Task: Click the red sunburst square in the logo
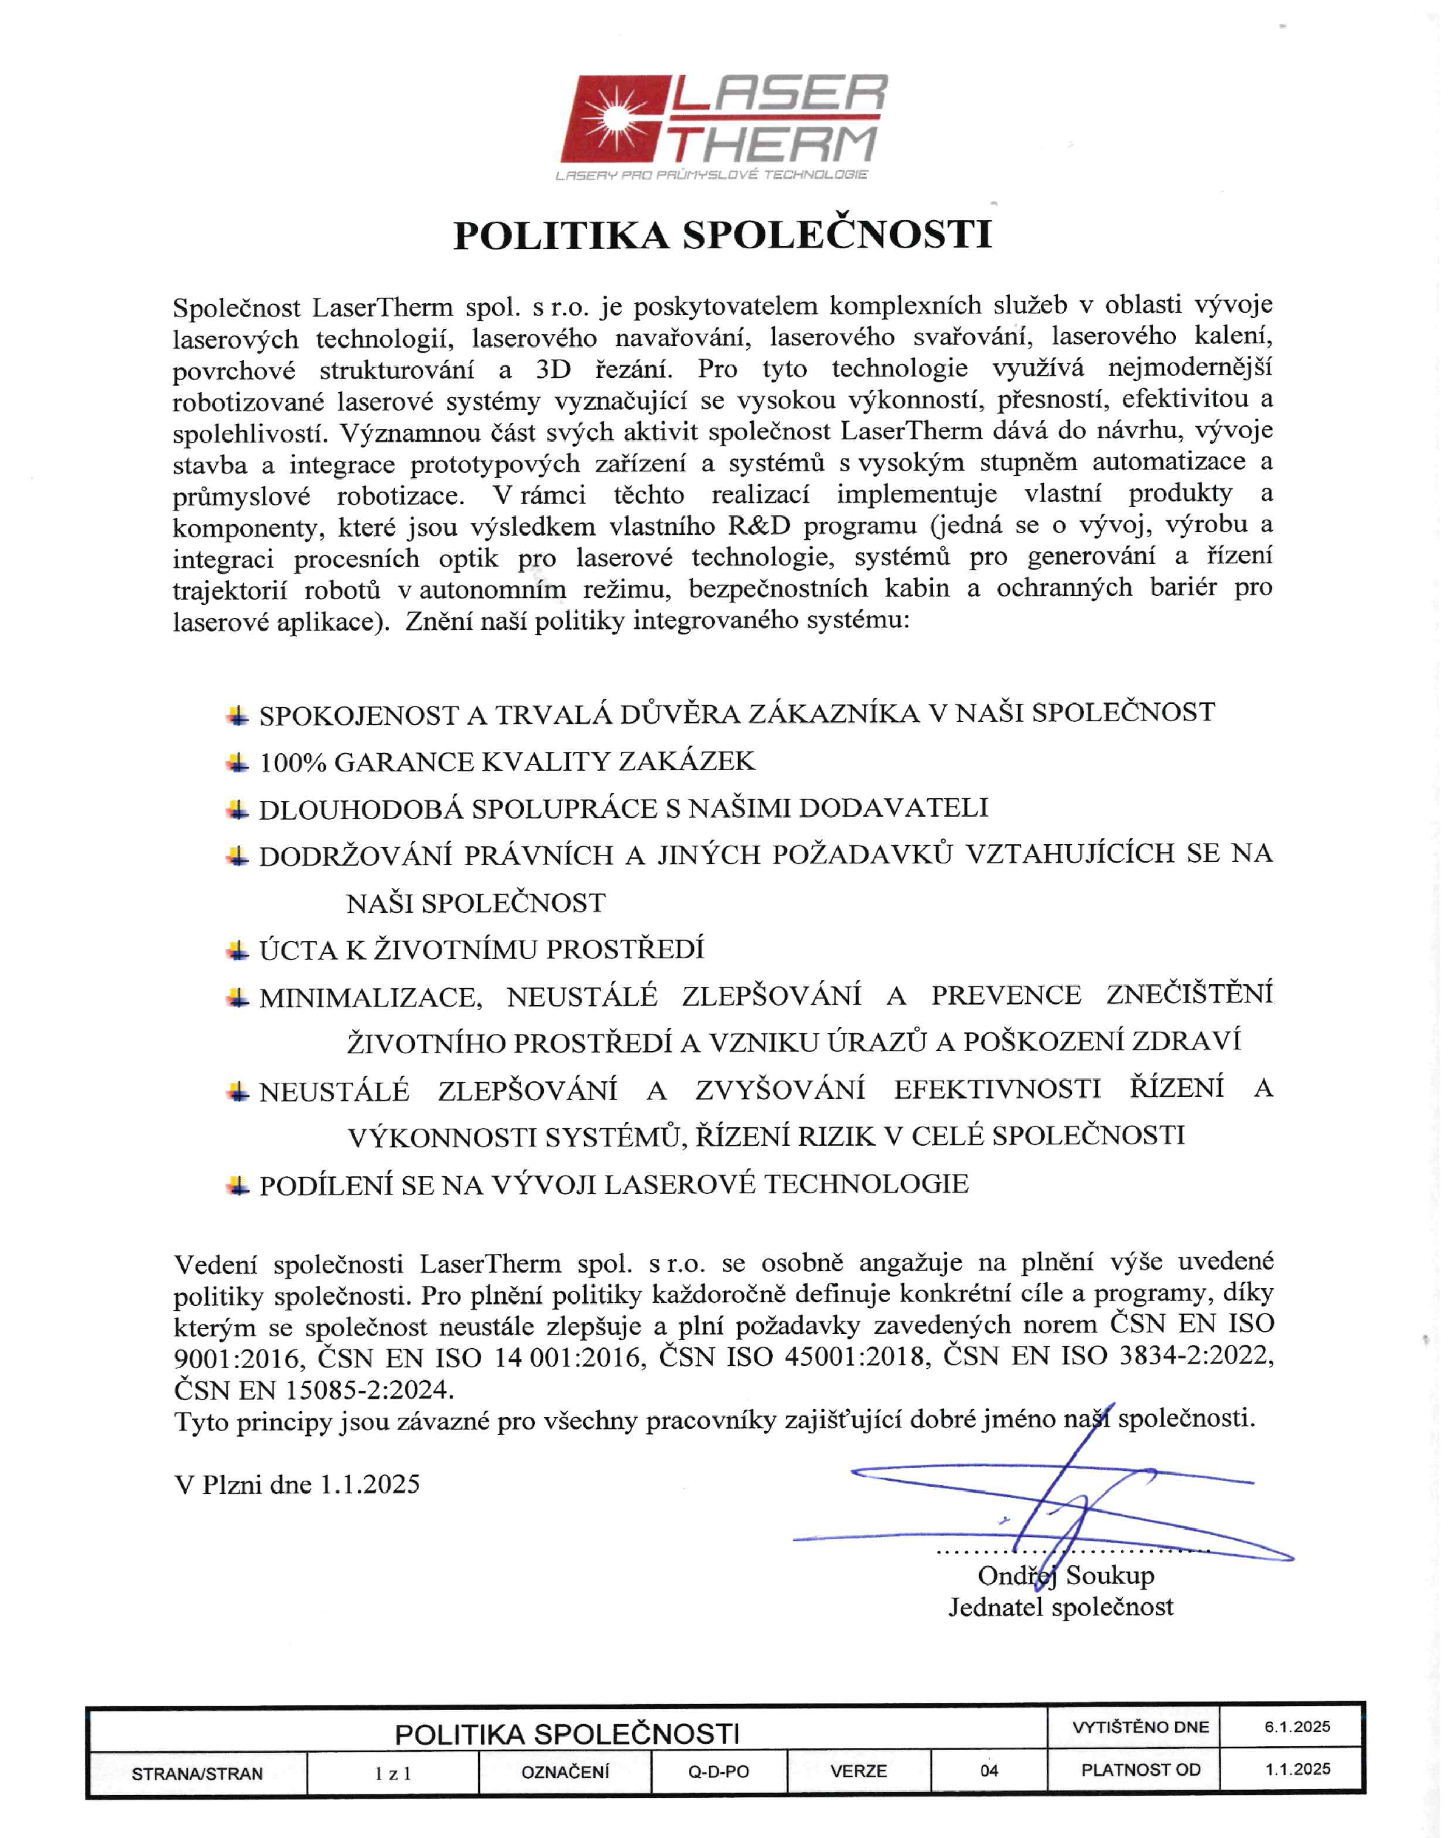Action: (614, 119)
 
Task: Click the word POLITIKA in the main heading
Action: (562, 236)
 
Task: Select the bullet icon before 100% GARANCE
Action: (238, 762)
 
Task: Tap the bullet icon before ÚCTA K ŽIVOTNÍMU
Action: (238, 949)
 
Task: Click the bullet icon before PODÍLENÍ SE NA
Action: (238, 1184)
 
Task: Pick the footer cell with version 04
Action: (988, 1771)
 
